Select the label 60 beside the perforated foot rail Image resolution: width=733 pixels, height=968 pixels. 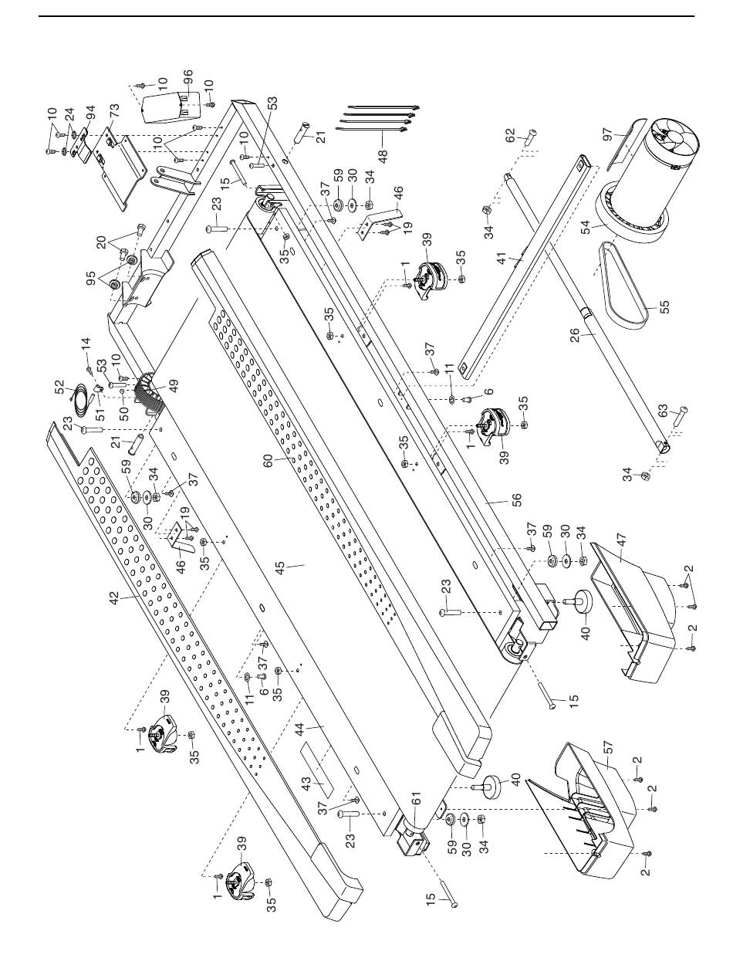[269, 462]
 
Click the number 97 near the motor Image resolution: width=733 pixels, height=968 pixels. [608, 134]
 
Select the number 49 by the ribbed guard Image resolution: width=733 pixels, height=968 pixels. [174, 387]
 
